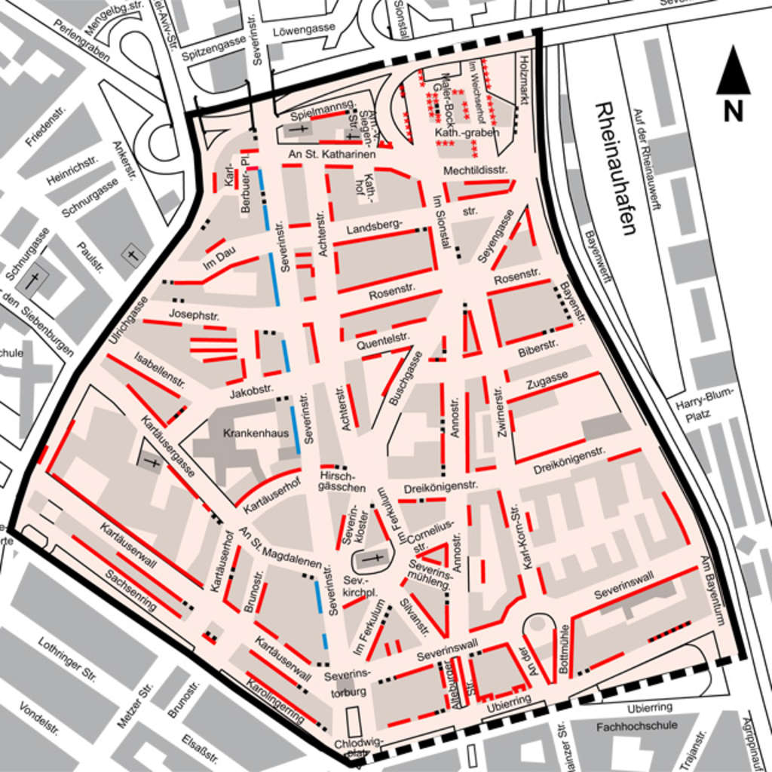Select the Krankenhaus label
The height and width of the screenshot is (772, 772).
245,433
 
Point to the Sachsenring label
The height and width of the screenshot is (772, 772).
130,590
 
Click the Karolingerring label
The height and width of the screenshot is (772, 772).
275,699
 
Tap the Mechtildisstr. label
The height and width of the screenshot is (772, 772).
475,170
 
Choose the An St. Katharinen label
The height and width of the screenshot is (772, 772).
332,155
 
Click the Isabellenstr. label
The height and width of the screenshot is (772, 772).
160,369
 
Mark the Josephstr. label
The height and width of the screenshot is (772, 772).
188,314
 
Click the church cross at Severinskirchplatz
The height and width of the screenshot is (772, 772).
373,559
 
